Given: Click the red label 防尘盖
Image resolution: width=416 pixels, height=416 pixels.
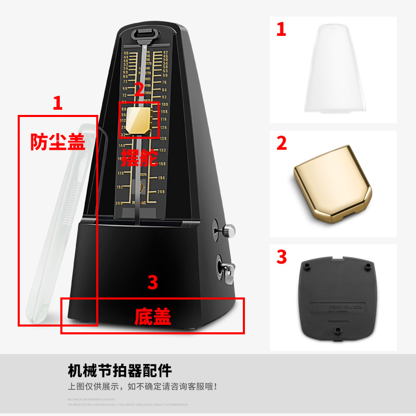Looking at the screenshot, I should click(57, 141).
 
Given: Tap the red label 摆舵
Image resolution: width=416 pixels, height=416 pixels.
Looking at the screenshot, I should click(140, 157).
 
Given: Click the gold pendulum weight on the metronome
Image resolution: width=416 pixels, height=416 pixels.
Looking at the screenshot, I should click(139, 120).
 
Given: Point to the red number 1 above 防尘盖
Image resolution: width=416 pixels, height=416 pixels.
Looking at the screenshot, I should click(58, 103).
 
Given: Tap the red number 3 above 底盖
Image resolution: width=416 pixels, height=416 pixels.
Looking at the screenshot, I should click(152, 282).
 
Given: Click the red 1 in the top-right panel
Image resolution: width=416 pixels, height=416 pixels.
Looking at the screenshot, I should click(281, 29).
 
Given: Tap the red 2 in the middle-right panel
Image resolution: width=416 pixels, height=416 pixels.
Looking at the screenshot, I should click(281, 143).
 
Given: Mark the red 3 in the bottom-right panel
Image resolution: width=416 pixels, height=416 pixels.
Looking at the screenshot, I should click(281, 256).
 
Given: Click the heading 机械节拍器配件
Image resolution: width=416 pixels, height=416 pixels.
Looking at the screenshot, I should click(120, 371).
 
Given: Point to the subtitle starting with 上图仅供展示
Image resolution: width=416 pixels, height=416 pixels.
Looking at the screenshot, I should click(142, 387).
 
